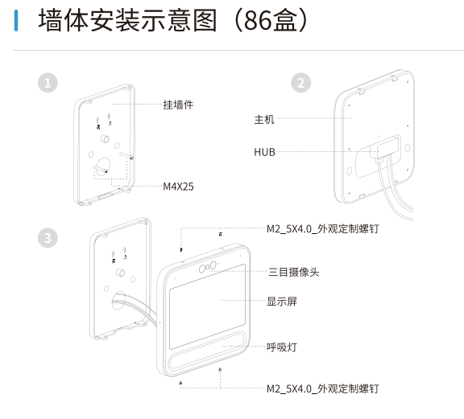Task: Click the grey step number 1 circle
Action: coord(48,83)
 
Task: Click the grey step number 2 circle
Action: coord(300,83)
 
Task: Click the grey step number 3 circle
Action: coord(48,238)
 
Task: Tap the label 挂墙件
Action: coord(178,105)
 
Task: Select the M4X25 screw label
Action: coord(179,187)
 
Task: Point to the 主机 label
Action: coord(264,120)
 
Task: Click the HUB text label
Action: coord(264,152)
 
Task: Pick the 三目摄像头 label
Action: coord(293,272)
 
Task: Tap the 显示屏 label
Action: coord(282,302)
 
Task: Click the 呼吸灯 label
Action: coord(282,347)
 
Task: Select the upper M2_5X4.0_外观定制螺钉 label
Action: coord(322,229)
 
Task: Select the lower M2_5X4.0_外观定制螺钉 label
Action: coord(322,389)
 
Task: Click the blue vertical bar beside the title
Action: coord(16,20)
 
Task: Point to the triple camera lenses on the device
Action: coord(208,267)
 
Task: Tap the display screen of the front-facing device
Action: coord(208,306)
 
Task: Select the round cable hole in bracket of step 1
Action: coord(103,166)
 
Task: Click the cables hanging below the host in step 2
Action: coord(396,189)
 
